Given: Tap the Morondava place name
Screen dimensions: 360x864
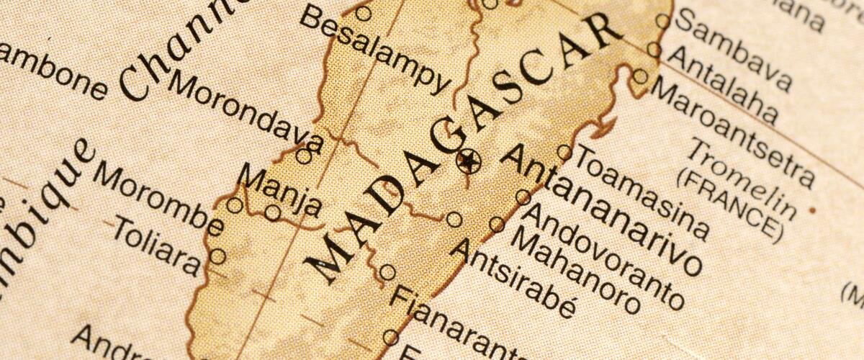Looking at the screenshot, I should pyautogui.click(x=245, y=108).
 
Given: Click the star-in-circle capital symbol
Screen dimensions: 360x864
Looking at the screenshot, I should pyautogui.click(x=469, y=161).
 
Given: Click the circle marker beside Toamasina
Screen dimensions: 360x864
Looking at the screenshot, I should pyautogui.click(x=564, y=152).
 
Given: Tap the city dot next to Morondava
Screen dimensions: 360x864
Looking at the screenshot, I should pyautogui.click(x=304, y=156).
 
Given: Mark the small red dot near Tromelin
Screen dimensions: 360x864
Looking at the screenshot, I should pyautogui.click(x=812, y=210).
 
